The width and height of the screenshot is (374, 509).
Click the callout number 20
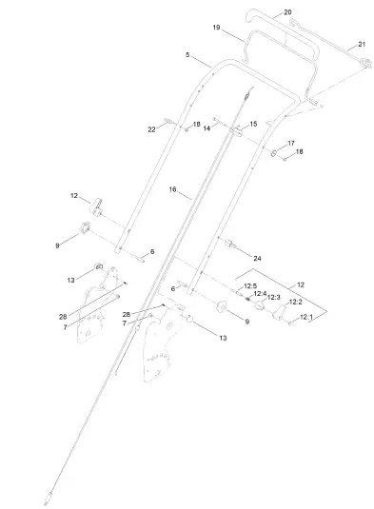[x=287, y=13]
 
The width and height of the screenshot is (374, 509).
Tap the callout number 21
[x=361, y=45]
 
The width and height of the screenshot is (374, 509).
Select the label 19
[x=216, y=29]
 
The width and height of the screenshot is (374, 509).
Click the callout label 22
[x=152, y=128]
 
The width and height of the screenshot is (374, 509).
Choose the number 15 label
[x=253, y=125]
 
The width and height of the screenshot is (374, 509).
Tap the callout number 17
[x=291, y=144]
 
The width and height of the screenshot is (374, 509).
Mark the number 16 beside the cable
[x=173, y=190]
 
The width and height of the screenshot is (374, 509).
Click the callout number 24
[x=257, y=258]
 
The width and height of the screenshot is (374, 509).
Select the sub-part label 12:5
[x=250, y=285]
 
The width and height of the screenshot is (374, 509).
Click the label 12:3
[x=274, y=298]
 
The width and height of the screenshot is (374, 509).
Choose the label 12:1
[x=305, y=317]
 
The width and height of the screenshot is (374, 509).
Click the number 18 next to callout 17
[x=299, y=152]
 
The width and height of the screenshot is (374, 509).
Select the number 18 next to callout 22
[x=197, y=125]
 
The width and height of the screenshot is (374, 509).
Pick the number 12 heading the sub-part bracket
[x=301, y=284]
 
